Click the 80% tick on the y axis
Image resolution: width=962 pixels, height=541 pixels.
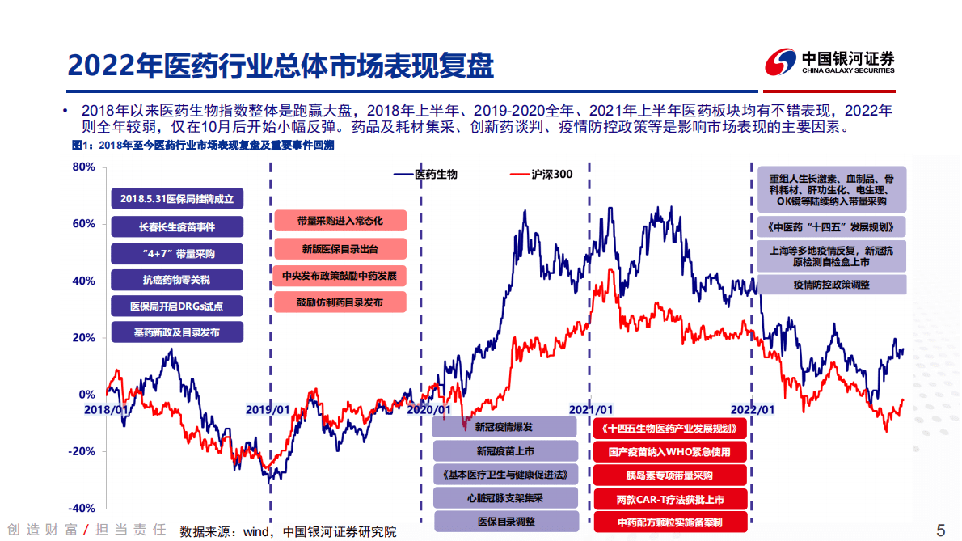pyautogui.click(x=84, y=167)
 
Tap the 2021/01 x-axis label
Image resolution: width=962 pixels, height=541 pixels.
pyautogui.click(x=591, y=409)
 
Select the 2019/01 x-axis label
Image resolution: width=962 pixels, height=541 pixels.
pyautogui.click(x=268, y=409)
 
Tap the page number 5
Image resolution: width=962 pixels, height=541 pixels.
pyautogui.click(x=940, y=530)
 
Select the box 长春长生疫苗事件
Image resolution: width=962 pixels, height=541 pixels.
pyautogui.click(x=176, y=226)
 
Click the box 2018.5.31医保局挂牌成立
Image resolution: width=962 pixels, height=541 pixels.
pyautogui.click(x=176, y=199)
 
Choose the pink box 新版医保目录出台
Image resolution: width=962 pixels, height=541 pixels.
pyautogui.click(x=340, y=248)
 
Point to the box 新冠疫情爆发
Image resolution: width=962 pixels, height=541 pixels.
pyautogui.click(x=504, y=427)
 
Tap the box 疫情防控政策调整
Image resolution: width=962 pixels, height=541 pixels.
pyautogui.click(x=831, y=285)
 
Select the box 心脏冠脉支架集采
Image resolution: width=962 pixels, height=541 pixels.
pyautogui.click(x=504, y=498)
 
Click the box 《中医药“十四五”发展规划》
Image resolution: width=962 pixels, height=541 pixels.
pyautogui.click(x=831, y=225)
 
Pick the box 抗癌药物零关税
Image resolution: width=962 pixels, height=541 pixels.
pyautogui.click(x=176, y=280)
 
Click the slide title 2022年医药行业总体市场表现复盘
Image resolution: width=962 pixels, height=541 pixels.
pyautogui.click(x=281, y=65)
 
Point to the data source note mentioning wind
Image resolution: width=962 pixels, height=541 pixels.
pyautogui.click(x=288, y=531)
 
